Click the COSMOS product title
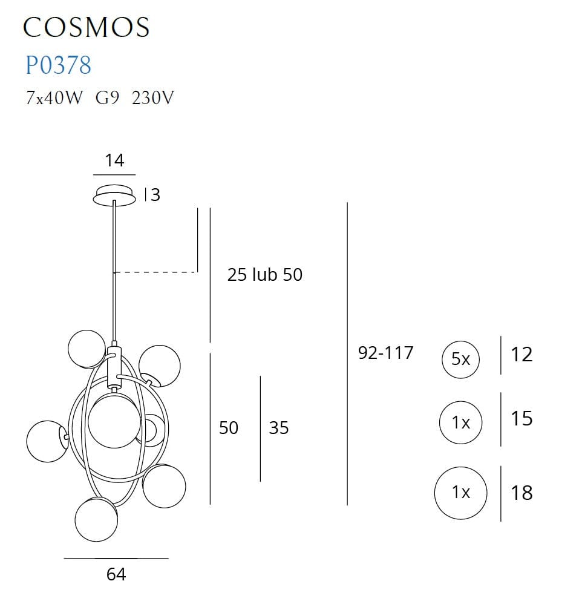click(86, 27)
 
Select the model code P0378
click(58, 65)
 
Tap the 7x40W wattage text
click(53, 97)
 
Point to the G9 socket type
click(106, 97)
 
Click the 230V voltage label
click(152, 97)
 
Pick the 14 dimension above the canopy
click(114, 160)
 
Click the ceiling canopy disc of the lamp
click(114, 195)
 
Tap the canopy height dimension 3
click(155, 195)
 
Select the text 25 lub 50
click(264, 275)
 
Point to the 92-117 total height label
click(385, 353)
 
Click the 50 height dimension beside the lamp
click(229, 428)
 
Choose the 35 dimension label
click(279, 428)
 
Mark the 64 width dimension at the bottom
click(116, 574)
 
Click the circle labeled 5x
click(460, 359)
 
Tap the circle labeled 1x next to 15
click(460, 422)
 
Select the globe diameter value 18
click(522, 493)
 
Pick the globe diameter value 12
click(522, 354)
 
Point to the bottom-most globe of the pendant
click(96, 519)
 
